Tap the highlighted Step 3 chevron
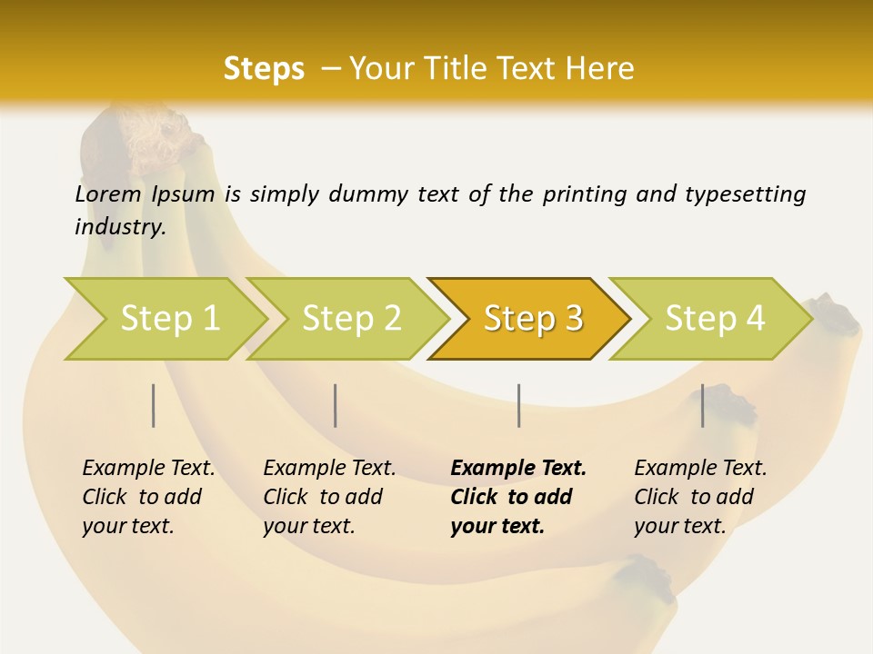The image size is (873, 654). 533,319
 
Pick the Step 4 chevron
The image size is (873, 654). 715,319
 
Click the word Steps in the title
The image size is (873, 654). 264,68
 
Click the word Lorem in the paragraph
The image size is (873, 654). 108,193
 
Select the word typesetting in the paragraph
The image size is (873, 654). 745,194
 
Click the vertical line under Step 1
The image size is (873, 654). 154,405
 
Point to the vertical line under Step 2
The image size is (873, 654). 336,405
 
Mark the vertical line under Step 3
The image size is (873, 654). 519,405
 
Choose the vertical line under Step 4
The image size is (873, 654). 703,405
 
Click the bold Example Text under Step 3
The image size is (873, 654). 518,468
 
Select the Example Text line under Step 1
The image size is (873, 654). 148,468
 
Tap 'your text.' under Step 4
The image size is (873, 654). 679,526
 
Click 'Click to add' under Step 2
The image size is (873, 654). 323,497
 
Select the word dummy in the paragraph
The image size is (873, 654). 369,194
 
